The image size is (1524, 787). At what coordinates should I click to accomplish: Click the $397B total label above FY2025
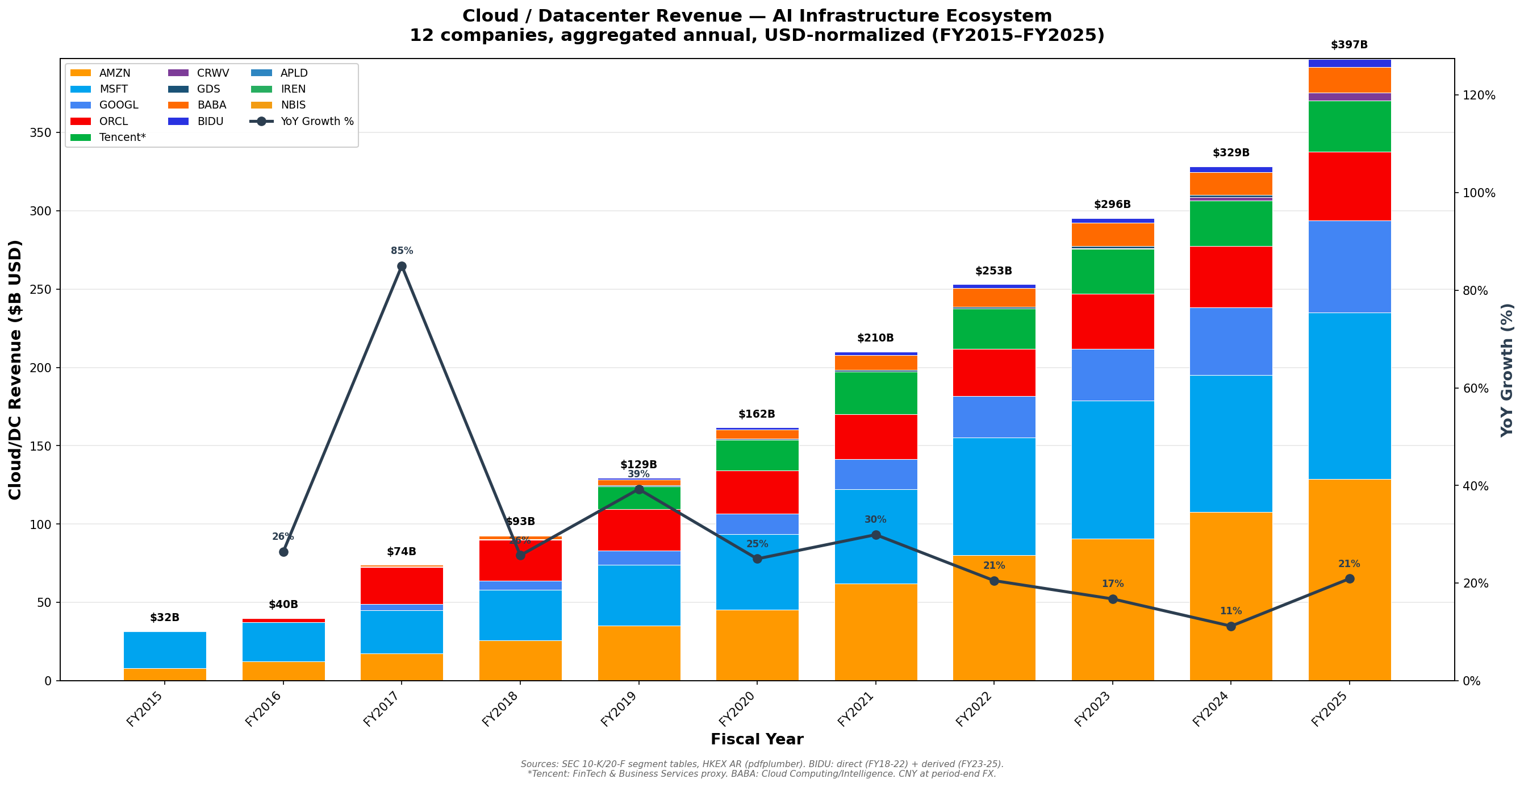[1349, 45]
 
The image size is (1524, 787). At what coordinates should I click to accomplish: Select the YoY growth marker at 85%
[402, 267]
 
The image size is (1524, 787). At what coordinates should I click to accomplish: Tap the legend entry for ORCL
[113, 121]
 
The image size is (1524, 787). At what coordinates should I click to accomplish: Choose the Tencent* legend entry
[122, 138]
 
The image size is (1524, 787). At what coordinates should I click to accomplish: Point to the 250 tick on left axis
[40, 289]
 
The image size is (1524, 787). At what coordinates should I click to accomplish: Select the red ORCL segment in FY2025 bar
[1349, 186]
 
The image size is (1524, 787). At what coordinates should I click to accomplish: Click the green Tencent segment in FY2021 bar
[875, 393]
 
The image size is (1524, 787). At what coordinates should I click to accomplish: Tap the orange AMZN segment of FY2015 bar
[165, 674]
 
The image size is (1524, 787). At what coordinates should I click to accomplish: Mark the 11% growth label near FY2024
[1230, 611]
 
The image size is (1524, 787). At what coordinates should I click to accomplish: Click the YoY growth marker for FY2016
[283, 552]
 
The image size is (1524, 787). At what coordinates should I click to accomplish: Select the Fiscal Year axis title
[757, 740]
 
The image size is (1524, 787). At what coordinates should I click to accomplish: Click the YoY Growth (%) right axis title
[1507, 370]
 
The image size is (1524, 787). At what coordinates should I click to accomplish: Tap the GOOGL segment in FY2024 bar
[1230, 342]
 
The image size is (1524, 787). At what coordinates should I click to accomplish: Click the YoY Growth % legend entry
[316, 121]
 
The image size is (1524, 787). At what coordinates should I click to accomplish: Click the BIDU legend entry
[210, 121]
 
